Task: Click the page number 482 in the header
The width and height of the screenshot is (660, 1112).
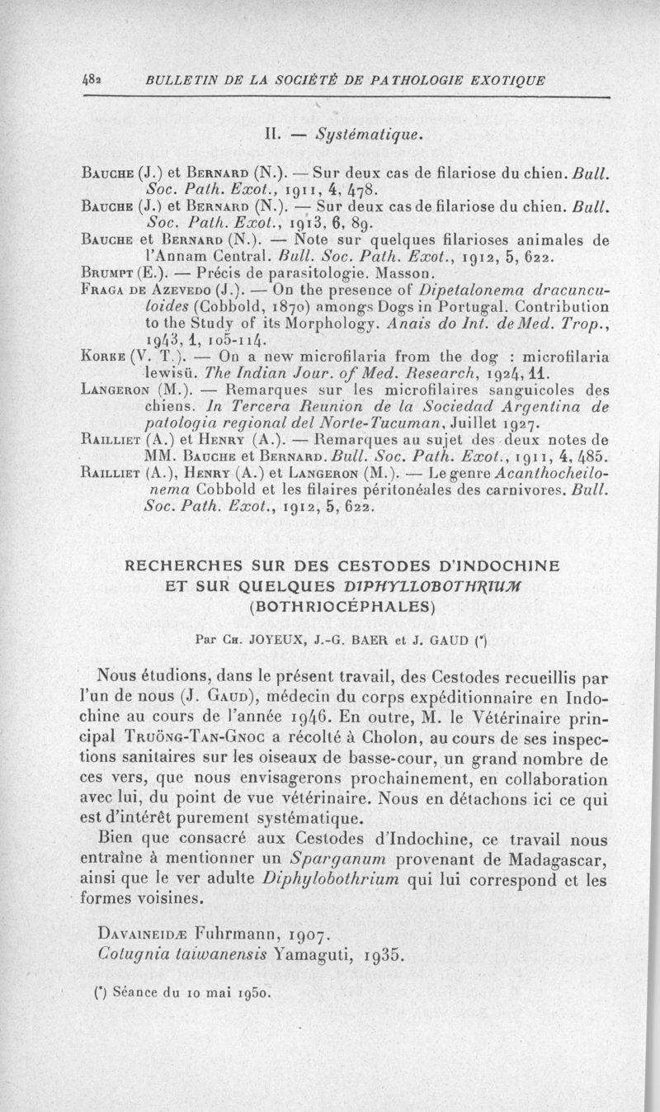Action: [42, 81]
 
